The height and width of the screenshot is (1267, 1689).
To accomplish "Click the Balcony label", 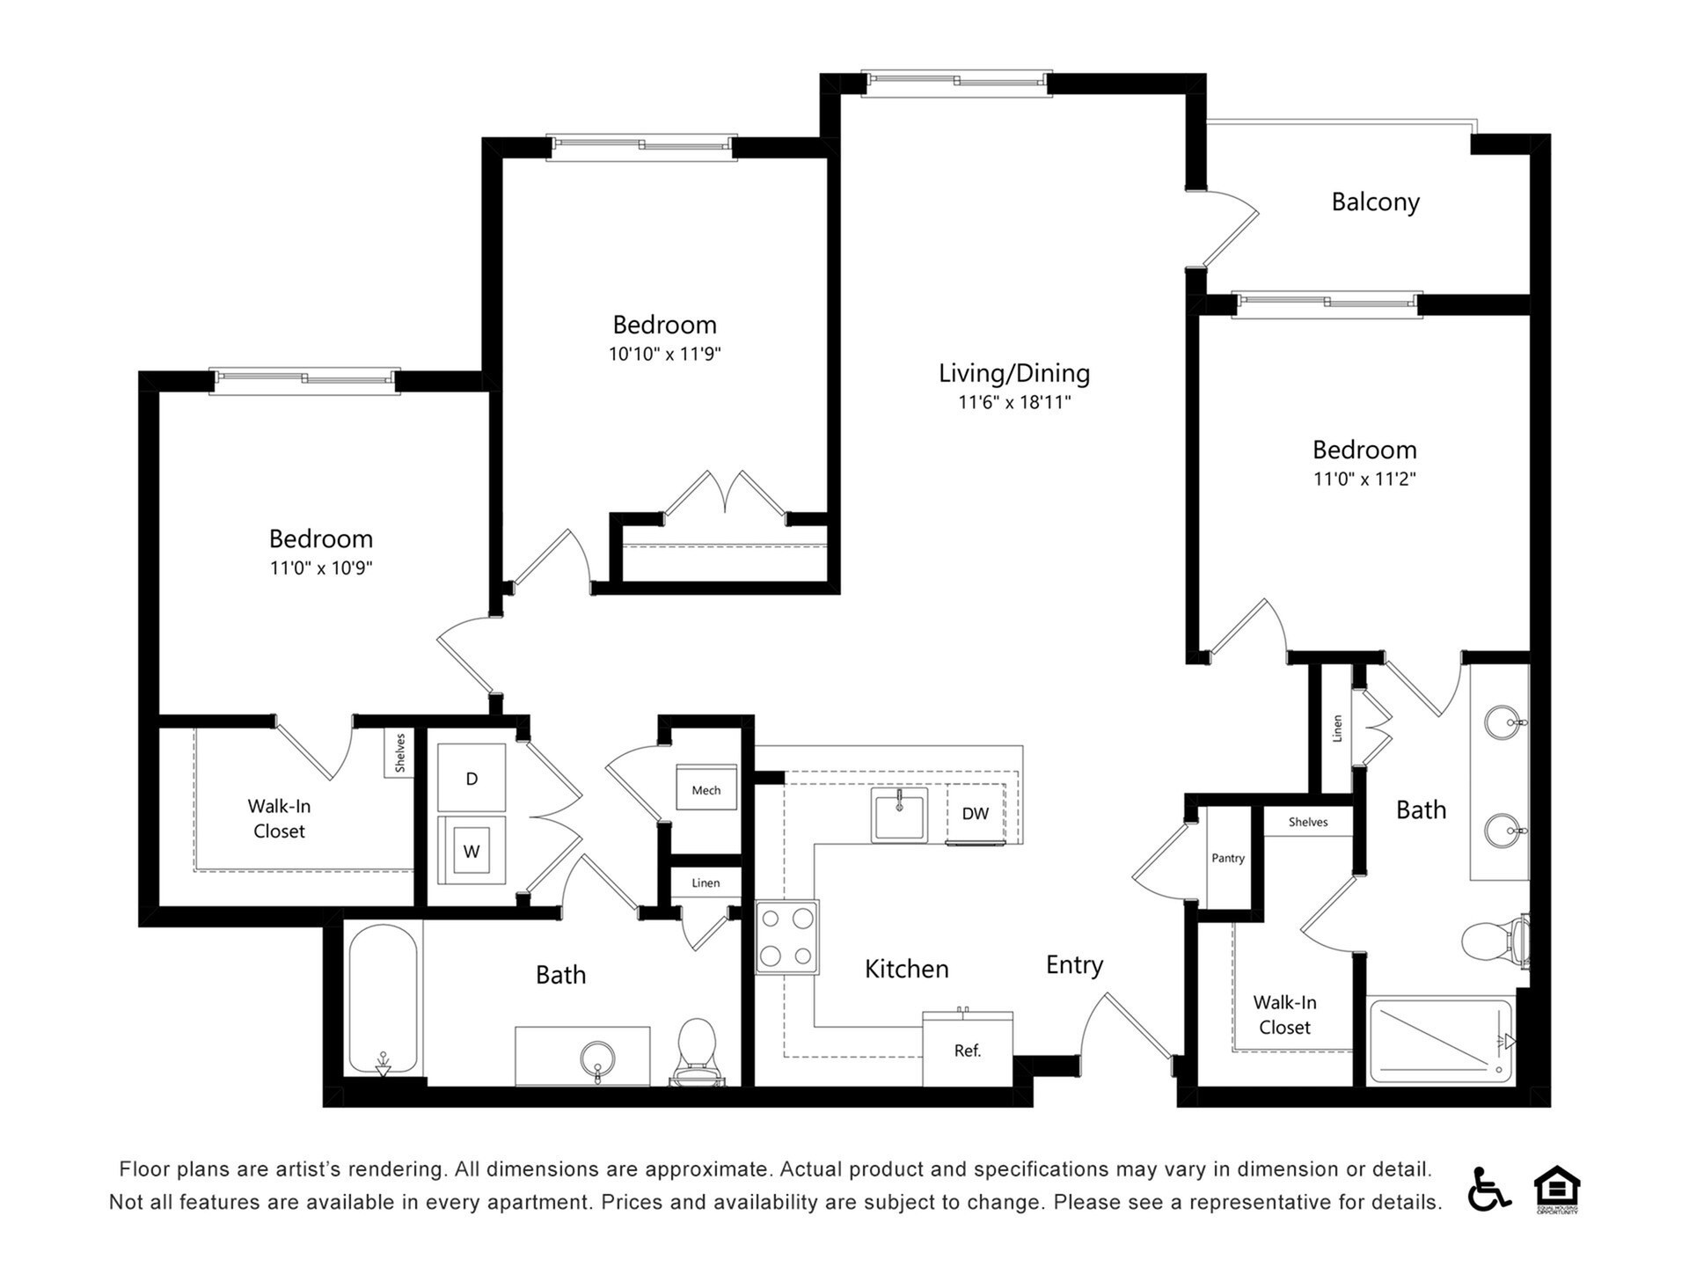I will pyautogui.click(x=1375, y=202).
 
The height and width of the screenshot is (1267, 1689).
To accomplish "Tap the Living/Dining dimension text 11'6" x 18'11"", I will pyautogui.click(x=1014, y=403).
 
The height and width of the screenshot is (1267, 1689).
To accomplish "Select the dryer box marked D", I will pyautogui.click(x=472, y=778).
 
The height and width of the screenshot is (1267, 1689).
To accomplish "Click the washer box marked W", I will pyautogui.click(x=472, y=851).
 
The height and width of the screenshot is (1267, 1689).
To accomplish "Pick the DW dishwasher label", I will pyautogui.click(x=975, y=814).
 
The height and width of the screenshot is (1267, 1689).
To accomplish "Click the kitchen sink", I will pyautogui.click(x=898, y=815).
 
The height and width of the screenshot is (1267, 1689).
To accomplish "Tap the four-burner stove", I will pyautogui.click(x=786, y=936).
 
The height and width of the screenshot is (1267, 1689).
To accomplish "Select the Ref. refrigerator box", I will pyautogui.click(x=967, y=1050).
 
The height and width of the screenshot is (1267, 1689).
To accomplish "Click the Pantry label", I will pyautogui.click(x=1227, y=858).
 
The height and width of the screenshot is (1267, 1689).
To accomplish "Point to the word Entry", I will pyautogui.click(x=1073, y=965).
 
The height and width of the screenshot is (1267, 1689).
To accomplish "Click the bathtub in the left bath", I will pyautogui.click(x=383, y=999).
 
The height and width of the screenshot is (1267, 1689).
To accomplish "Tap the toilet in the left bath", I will pyautogui.click(x=698, y=1049).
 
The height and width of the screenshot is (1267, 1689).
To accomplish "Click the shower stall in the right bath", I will pyautogui.click(x=1440, y=1040).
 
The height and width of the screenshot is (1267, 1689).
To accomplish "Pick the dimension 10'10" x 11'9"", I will pyautogui.click(x=664, y=355).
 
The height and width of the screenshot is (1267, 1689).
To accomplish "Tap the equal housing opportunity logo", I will pyautogui.click(x=1556, y=1188).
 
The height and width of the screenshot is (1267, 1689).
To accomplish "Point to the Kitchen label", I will pyautogui.click(x=906, y=969).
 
